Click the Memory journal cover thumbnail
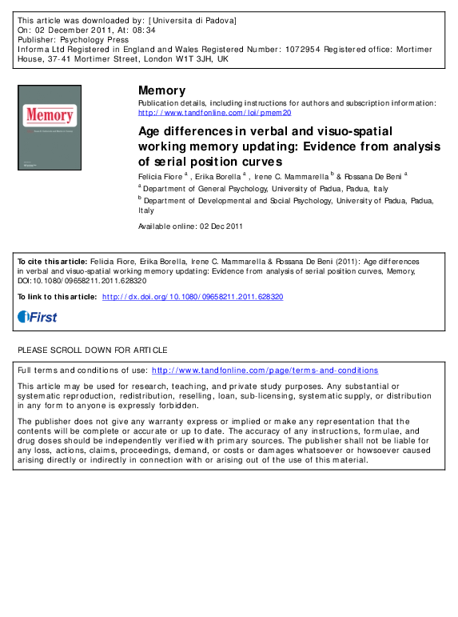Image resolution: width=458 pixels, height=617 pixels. click(50, 126)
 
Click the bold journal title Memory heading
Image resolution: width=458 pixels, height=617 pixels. click(161, 90)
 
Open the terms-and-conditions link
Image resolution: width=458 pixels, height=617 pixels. click(265, 371)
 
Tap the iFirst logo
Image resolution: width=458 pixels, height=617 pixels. click(38, 317)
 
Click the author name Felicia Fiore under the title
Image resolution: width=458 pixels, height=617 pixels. click(160, 174)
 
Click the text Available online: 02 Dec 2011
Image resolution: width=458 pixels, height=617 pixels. click(191, 226)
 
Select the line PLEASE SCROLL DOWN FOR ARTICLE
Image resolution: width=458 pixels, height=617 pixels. click(93, 351)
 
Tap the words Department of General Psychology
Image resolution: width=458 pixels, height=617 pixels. click(203, 189)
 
